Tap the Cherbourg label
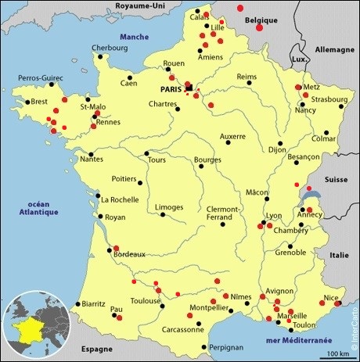click(109, 48)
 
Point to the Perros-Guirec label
click(41, 78)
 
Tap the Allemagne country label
click(334, 48)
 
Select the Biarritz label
click(95, 303)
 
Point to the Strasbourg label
click(326, 99)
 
